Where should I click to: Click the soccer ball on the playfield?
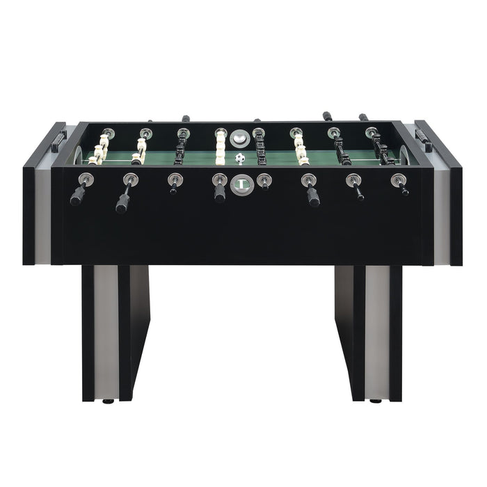pos(240,159)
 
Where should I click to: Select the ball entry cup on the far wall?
pos(239,137)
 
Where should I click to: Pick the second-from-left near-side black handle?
pos(123,202)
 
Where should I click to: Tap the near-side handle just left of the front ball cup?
pos(220,193)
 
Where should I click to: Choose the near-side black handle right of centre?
pos(313,198)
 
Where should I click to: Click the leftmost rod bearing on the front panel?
pos(85,178)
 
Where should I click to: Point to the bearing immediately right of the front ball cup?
pos(263,180)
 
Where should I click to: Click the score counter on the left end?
pos(56,137)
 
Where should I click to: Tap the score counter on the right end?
pos(424,136)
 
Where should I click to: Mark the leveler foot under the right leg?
pos(376,401)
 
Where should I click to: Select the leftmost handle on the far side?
pos(186,118)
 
